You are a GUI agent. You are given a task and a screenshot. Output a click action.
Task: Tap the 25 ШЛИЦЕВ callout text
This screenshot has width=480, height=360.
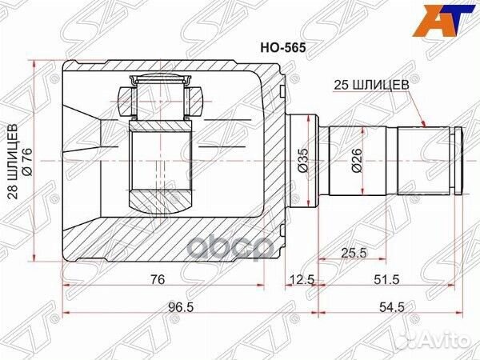tap(374, 82)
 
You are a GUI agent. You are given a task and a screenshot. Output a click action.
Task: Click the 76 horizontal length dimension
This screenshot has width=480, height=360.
tap(158, 279)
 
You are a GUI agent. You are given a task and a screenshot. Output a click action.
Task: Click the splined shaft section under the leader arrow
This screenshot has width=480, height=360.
tap(424, 160)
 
